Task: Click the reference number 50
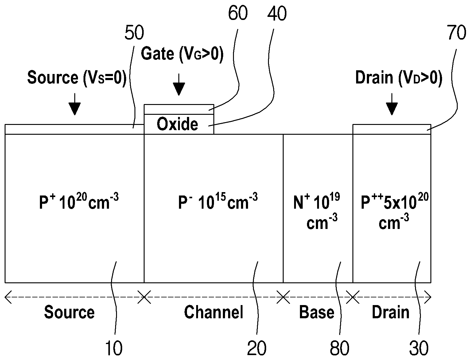coord(134,33)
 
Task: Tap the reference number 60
coord(238,13)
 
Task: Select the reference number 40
coord(277,14)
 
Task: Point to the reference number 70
coord(456,33)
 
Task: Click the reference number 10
coord(114,348)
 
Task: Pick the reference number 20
coord(257,348)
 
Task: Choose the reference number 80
coord(340,348)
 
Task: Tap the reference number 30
coord(419,348)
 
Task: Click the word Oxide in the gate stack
coord(177,124)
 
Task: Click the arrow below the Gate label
coord(179,84)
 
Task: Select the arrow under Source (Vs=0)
coord(75,104)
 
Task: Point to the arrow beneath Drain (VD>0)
coord(392,104)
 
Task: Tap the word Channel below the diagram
coord(214,312)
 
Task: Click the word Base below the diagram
coord(317,312)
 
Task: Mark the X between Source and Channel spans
coord(144,297)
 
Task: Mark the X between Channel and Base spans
coord(283,297)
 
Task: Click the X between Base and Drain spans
coord(353,297)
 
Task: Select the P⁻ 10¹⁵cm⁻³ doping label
coord(218,202)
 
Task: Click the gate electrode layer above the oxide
coord(179,109)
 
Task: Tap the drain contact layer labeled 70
coord(392,129)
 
